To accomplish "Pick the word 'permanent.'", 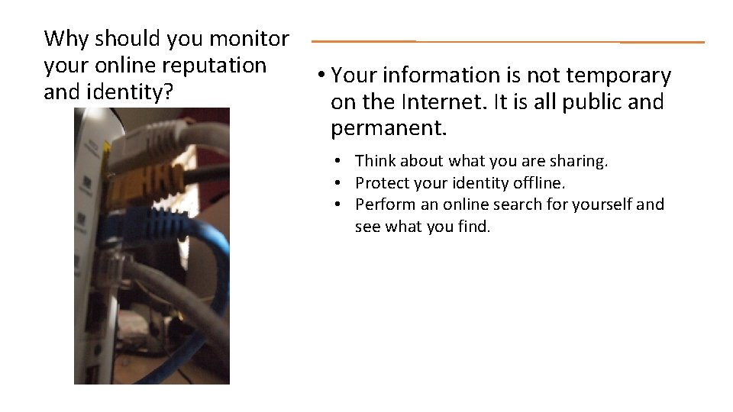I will click(389, 128).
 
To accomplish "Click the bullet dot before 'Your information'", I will click(323, 76).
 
